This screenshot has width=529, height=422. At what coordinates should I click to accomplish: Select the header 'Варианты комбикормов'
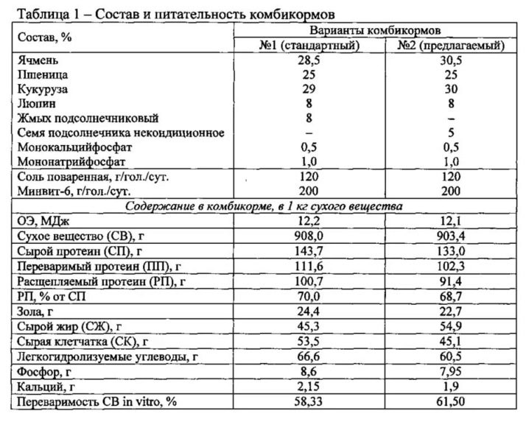[375, 31]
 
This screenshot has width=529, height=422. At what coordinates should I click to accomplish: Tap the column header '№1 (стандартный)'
[309, 46]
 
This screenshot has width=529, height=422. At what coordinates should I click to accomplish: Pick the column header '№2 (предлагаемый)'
[451, 46]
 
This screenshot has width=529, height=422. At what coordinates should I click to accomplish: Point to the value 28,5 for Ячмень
[309, 61]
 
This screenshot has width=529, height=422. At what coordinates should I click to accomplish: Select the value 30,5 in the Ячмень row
[451, 61]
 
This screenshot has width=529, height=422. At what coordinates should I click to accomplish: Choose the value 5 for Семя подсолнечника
[451, 133]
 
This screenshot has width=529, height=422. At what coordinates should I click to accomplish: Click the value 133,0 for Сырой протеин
[451, 251]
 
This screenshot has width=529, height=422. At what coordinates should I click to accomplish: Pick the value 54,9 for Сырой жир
[451, 323]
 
